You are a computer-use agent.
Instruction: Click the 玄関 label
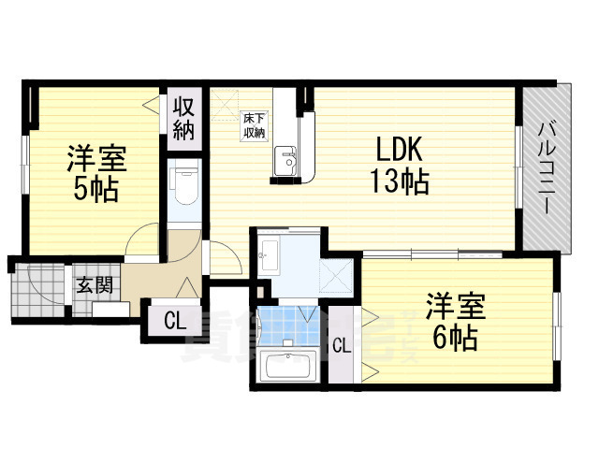(90, 285)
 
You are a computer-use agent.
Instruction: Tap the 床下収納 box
(254, 125)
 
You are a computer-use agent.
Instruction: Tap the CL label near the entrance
(174, 322)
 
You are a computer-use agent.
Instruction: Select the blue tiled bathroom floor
(289, 323)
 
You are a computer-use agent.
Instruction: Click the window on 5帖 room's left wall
(27, 167)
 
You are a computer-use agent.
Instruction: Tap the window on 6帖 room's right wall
(557, 322)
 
